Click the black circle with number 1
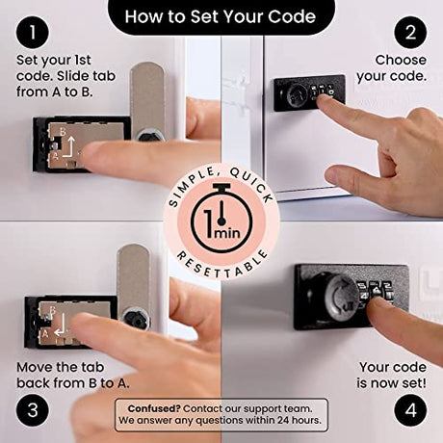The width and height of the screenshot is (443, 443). click(x=33, y=33)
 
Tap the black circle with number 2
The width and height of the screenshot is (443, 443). click(x=410, y=33)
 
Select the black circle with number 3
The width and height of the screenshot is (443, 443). click(x=33, y=410)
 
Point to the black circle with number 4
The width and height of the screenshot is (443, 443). click(x=410, y=410)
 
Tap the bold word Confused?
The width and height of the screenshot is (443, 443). click(x=154, y=408)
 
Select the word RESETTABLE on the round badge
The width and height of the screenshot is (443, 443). click(x=222, y=264)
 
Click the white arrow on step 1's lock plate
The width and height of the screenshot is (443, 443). click(x=69, y=147)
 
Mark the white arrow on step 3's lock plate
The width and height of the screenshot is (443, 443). click(x=61, y=325)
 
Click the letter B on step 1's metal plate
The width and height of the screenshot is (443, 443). click(x=63, y=132)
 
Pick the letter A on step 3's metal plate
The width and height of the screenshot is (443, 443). click(x=45, y=334)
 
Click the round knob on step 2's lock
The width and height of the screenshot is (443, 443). click(x=294, y=94)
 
